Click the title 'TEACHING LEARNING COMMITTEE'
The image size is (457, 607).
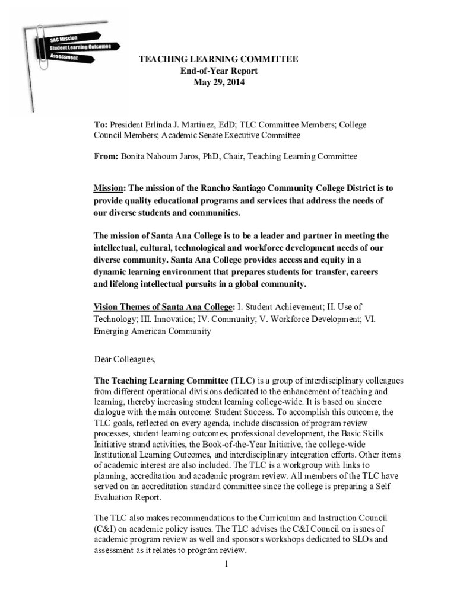tap(218, 59)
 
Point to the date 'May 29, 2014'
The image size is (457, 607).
tap(218, 82)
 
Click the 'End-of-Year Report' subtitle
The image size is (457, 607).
tap(218, 71)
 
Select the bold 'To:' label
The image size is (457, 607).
tap(100, 125)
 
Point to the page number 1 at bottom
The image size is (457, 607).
tap(226, 564)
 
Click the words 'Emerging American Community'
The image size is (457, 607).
tap(153, 331)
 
